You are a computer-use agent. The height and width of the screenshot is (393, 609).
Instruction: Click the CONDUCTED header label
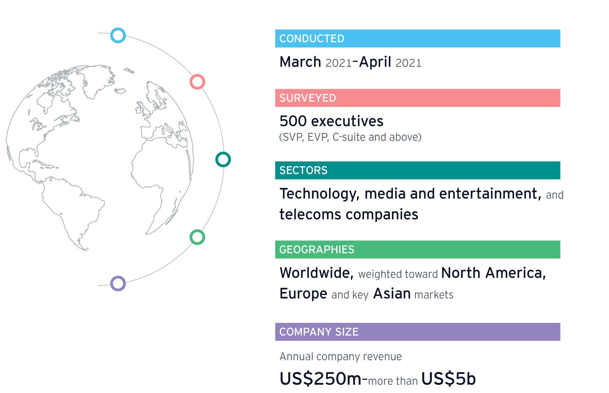(x=312, y=39)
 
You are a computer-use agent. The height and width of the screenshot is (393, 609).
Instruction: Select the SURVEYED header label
(x=308, y=98)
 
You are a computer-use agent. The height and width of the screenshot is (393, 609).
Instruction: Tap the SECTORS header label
(x=303, y=170)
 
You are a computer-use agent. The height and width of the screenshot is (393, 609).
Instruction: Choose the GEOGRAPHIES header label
(x=317, y=249)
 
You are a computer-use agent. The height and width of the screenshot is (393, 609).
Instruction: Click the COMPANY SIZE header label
(x=319, y=332)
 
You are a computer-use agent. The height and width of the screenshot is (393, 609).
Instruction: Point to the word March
(x=300, y=62)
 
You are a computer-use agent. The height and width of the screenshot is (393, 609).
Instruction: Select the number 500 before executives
(x=293, y=121)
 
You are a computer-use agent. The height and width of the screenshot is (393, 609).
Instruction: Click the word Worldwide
(x=317, y=273)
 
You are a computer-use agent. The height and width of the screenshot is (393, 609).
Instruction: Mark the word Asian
(x=392, y=294)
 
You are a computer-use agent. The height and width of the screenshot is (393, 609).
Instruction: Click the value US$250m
(x=321, y=379)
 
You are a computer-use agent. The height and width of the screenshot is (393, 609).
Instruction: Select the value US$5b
(x=448, y=379)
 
